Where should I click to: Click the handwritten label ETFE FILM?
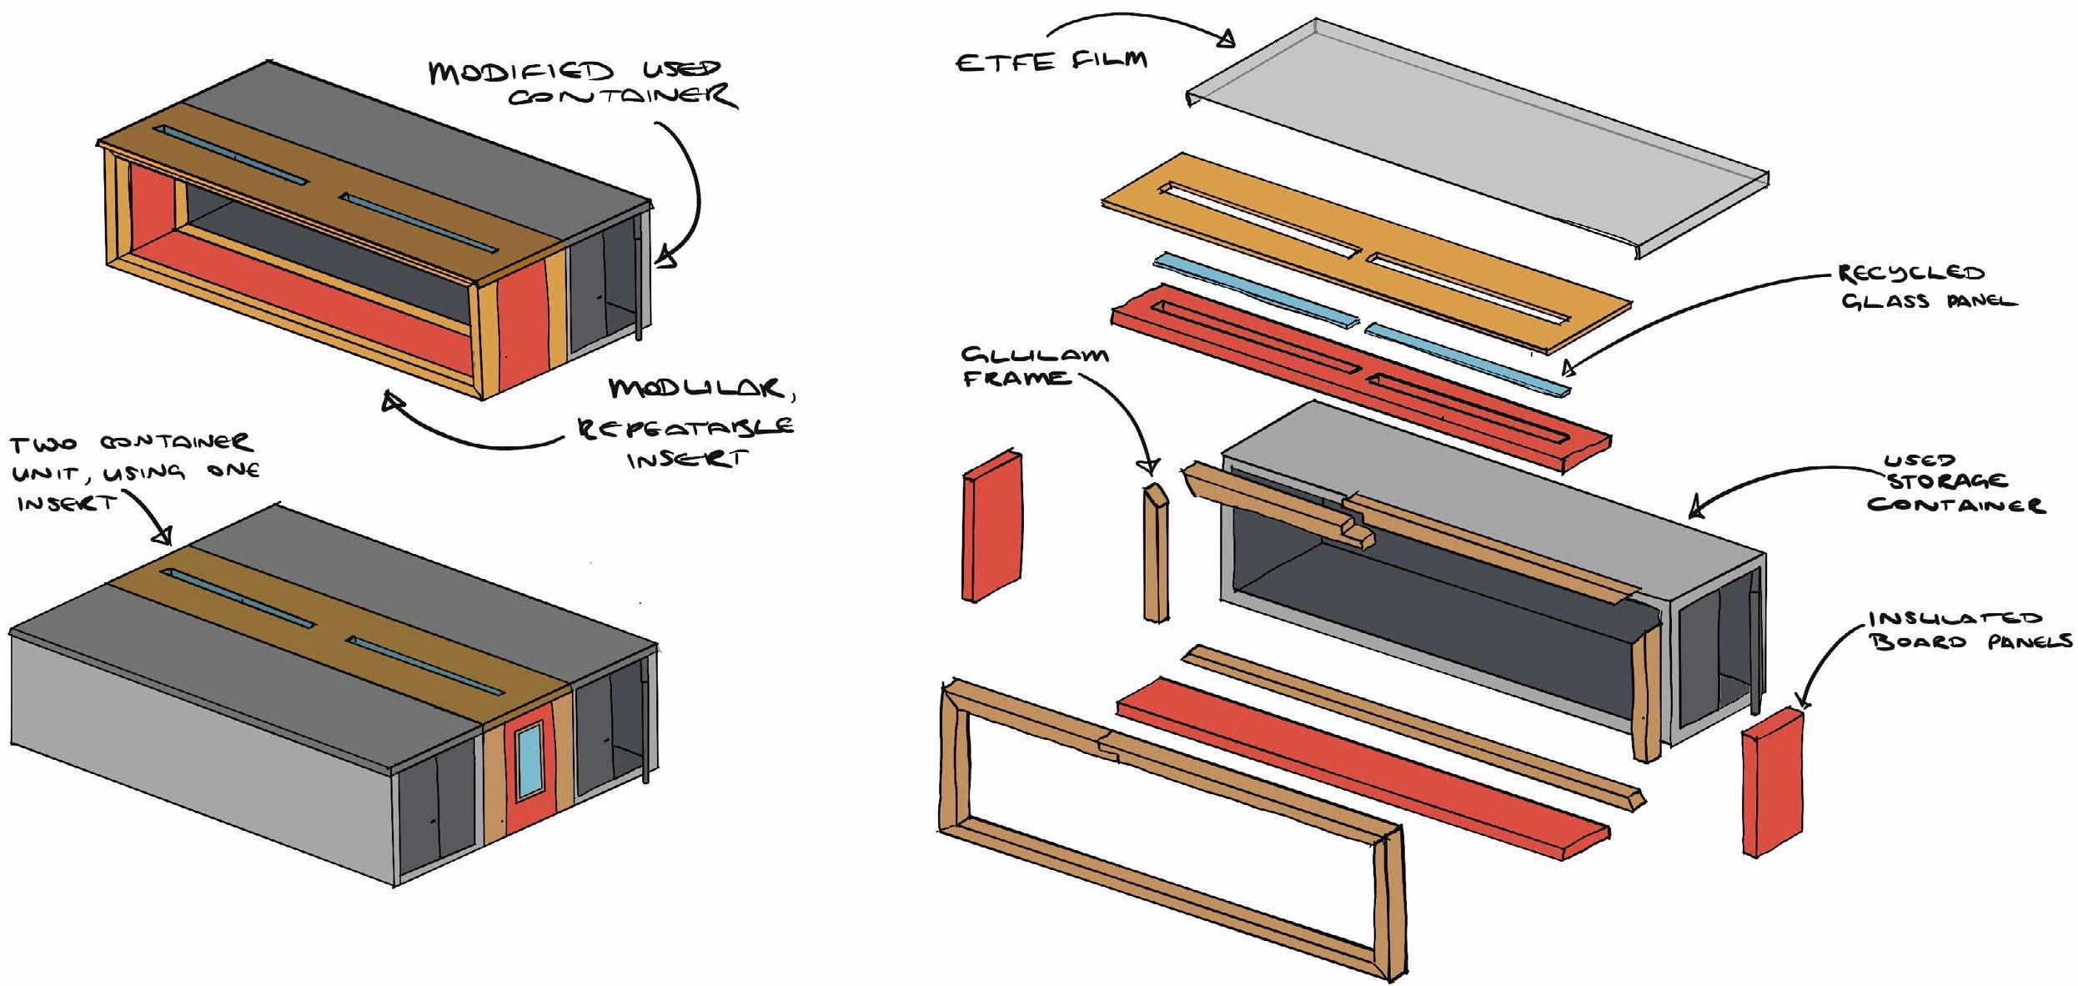pos(1051,61)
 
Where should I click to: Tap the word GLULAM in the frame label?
pos(1034,356)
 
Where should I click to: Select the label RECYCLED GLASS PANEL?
pos(1926,287)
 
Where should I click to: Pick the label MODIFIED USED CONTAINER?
pos(584,83)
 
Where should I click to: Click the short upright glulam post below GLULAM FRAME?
pos(1156,555)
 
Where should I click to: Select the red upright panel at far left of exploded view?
pos(992,526)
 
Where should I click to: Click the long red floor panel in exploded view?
pos(1359,784)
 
